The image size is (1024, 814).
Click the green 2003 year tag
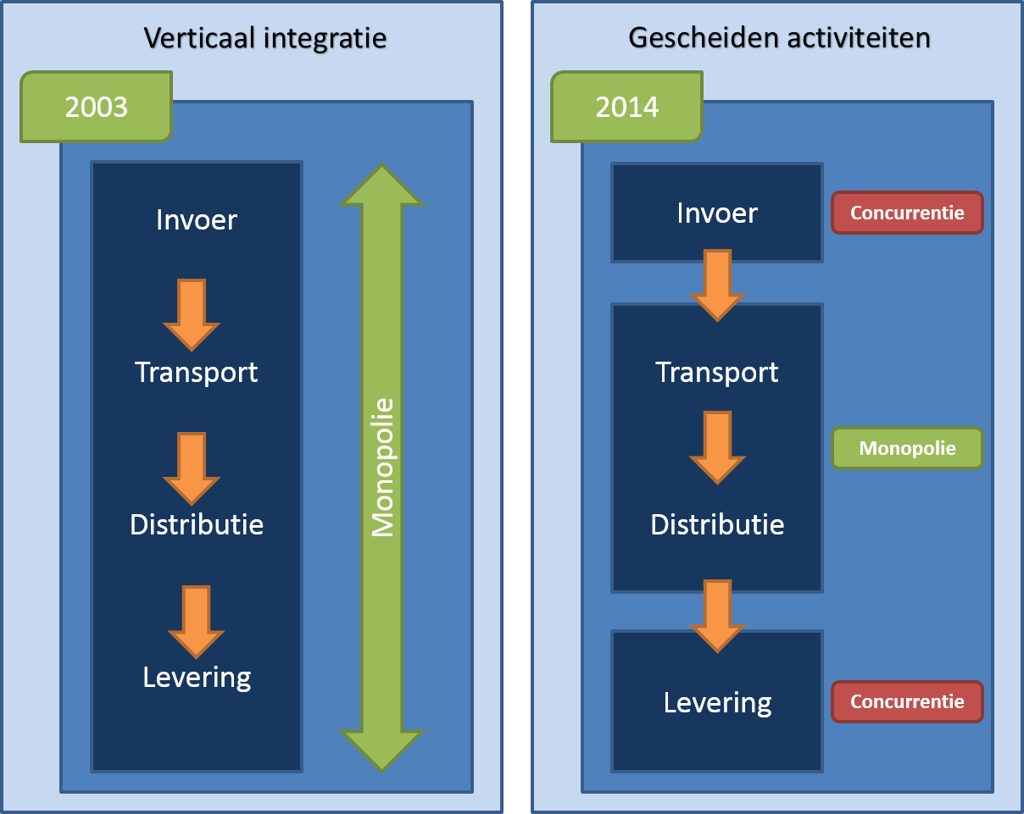[x=96, y=107]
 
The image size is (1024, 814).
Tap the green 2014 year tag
[x=626, y=107]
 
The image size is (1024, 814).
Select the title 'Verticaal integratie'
[x=265, y=38]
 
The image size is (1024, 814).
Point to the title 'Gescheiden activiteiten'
[x=779, y=38]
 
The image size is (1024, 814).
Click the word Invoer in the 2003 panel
[x=197, y=220]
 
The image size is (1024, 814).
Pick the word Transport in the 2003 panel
[x=197, y=372]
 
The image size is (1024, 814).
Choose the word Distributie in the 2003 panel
[x=197, y=524]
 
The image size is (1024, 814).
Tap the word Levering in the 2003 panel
[x=197, y=678]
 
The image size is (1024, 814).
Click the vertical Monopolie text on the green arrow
[x=383, y=468]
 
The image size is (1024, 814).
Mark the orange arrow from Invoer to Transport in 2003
[x=192, y=314]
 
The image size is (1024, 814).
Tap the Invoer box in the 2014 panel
[x=717, y=213]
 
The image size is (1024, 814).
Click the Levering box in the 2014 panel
[x=717, y=702]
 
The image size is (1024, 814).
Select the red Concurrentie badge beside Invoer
[x=907, y=213]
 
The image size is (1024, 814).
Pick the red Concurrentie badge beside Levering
[x=907, y=701]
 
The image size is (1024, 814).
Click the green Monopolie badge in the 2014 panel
[x=907, y=448]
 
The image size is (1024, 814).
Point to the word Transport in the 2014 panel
[x=717, y=372]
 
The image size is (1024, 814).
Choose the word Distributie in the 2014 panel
[x=717, y=524]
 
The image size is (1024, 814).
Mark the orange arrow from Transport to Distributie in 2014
[x=717, y=447]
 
